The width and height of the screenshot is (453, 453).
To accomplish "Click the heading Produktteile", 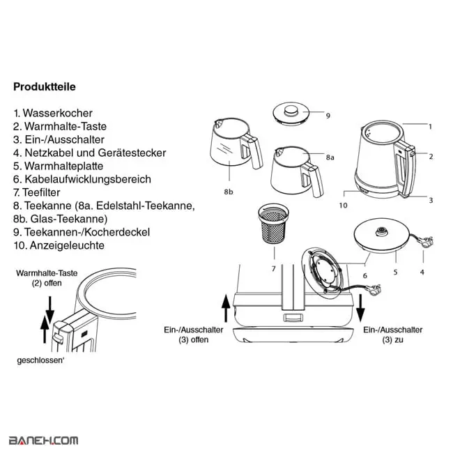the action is point(45,87).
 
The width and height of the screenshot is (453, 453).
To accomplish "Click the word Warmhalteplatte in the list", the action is point(64,166).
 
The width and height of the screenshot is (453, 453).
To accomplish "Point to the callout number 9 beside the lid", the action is point(328,116).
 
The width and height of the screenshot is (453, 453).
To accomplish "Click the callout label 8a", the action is point(330,158).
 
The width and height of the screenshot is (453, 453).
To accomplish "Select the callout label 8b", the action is point(228,192).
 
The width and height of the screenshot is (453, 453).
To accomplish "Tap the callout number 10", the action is point(343,206).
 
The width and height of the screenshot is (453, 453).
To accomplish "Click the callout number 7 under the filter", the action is point(274,269).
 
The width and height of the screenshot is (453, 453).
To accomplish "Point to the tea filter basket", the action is point(273,223).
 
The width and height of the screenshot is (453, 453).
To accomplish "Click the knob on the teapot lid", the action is point(291,111).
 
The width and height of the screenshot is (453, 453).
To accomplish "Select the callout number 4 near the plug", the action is point(422,272).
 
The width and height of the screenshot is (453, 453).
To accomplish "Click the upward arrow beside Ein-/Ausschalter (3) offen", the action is point(226,308).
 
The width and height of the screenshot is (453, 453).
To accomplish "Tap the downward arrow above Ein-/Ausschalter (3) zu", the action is point(360,308).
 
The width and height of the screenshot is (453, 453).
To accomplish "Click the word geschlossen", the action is point(40,361).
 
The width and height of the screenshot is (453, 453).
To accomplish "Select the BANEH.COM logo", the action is point(44,440).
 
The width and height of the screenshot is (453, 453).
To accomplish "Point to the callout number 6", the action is point(365,276).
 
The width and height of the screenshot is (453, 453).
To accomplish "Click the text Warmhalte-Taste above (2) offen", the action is point(47,273).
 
